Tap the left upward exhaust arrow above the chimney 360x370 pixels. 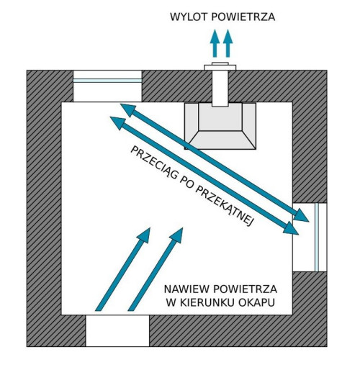(x=215, y=45)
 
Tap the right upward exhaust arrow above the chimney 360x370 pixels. (x=228, y=45)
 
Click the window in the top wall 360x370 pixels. (x=107, y=86)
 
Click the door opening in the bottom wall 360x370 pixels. (x=117, y=330)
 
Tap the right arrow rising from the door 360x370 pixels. (x=157, y=269)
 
